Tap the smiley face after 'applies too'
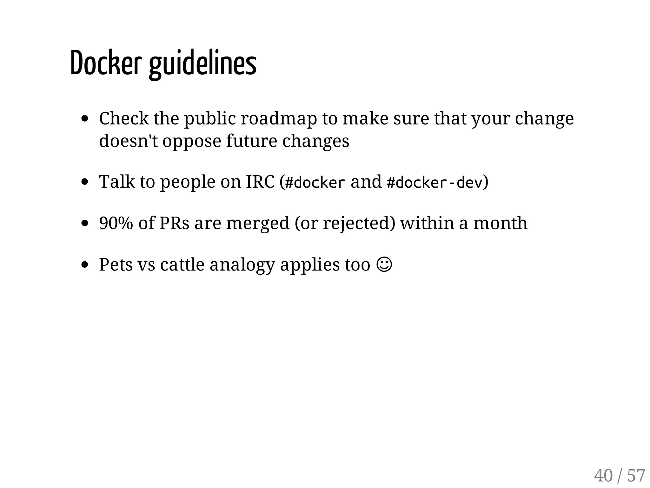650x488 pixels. point(384,264)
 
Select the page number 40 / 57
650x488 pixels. point(619,475)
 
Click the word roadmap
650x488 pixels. point(279,118)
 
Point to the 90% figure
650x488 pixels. point(116,223)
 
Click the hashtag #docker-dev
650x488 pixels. point(434,182)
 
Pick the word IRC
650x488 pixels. point(260,182)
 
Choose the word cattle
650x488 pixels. point(182,264)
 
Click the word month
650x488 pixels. point(500,223)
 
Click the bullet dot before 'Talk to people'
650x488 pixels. point(84,182)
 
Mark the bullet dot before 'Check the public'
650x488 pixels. point(84,119)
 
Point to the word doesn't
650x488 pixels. point(129,141)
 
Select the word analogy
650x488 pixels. point(242,265)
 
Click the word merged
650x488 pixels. point(258,223)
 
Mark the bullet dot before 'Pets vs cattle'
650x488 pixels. point(84,264)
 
